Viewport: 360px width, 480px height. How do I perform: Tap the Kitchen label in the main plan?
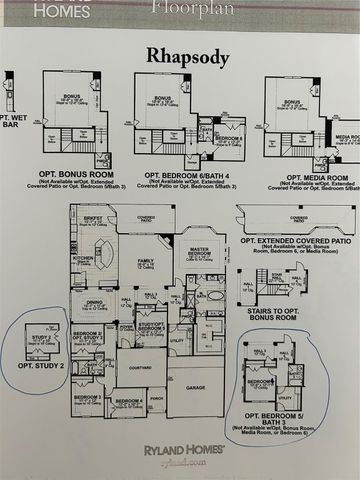point(83,258)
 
